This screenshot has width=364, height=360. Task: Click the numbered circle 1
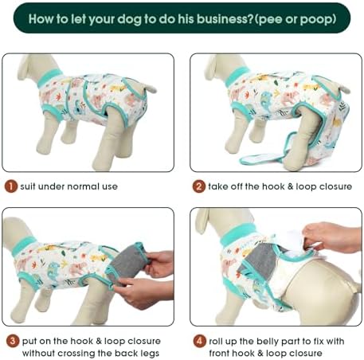[x=11, y=186]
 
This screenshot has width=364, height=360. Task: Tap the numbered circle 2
[x=199, y=186]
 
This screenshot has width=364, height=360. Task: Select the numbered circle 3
[x=13, y=341]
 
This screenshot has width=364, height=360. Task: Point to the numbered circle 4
[x=199, y=341]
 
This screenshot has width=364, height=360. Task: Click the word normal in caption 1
[x=84, y=186]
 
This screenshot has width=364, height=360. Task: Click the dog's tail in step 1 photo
[x=151, y=88]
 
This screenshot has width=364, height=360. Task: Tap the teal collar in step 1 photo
[x=49, y=77]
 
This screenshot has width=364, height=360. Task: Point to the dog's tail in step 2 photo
[x=342, y=89]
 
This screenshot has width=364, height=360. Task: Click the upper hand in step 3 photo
[x=159, y=264]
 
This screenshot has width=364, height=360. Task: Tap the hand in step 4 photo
[x=331, y=237]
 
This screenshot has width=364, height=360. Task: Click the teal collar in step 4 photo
[x=237, y=233]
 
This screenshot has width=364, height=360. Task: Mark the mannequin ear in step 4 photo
[x=202, y=221]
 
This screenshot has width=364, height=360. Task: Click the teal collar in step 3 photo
[x=25, y=246]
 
